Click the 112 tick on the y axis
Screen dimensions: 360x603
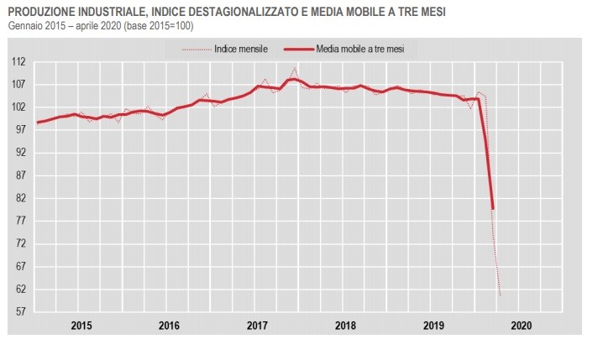click(x=18, y=62)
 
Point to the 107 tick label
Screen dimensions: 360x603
click(x=18, y=85)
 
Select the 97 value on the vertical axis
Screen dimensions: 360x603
click(x=19, y=130)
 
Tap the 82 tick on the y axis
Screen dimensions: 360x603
click(x=19, y=198)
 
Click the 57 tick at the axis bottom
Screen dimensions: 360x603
click(x=19, y=311)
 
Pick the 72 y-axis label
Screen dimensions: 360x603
click(x=19, y=243)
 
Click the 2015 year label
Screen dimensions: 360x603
click(x=81, y=324)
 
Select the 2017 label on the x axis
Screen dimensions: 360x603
click(x=256, y=324)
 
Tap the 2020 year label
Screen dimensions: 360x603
click(x=521, y=324)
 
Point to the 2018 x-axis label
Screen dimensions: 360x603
click(x=344, y=324)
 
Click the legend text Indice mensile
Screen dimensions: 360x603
click(x=241, y=50)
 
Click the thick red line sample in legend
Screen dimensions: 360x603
click(x=291, y=50)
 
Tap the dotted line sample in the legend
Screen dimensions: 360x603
click(x=197, y=50)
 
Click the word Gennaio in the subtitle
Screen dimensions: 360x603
click(x=25, y=26)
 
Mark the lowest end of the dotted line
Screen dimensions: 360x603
click(x=501, y=296)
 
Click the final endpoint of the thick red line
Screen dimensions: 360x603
click(x=493, y=208)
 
